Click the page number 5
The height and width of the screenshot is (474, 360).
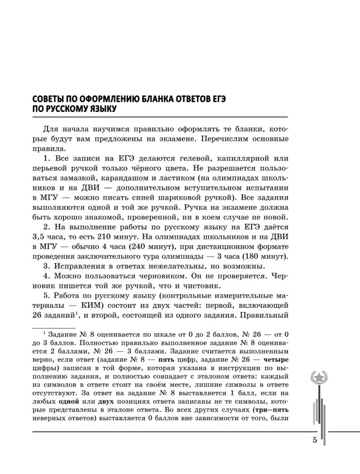pos(314,439)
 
